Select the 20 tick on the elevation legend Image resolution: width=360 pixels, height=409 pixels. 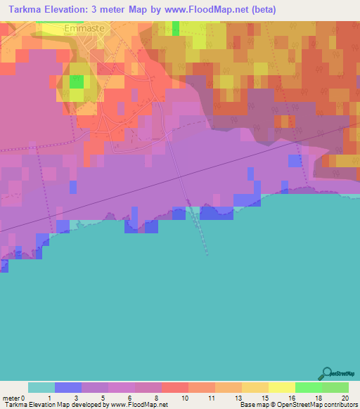[345, 398]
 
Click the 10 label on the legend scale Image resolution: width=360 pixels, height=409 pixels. [184, 398]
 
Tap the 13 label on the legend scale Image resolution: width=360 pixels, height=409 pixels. [238, 398]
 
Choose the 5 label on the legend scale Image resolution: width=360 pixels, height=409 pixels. [104, 398]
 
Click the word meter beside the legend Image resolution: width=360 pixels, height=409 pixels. [10, 398]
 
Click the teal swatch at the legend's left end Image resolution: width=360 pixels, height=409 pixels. [41, 387]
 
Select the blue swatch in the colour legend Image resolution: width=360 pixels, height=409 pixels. [68, 387]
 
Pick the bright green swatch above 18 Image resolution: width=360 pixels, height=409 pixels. [309, 387]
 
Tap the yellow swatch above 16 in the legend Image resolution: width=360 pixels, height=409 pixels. [282, 387]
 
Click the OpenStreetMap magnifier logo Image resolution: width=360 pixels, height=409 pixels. [326, 372]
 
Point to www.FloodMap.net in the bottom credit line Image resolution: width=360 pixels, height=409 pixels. [136, 405]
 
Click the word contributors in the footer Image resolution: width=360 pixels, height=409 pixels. [341, 405]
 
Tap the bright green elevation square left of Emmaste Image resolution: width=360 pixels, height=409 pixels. [76, 82]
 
